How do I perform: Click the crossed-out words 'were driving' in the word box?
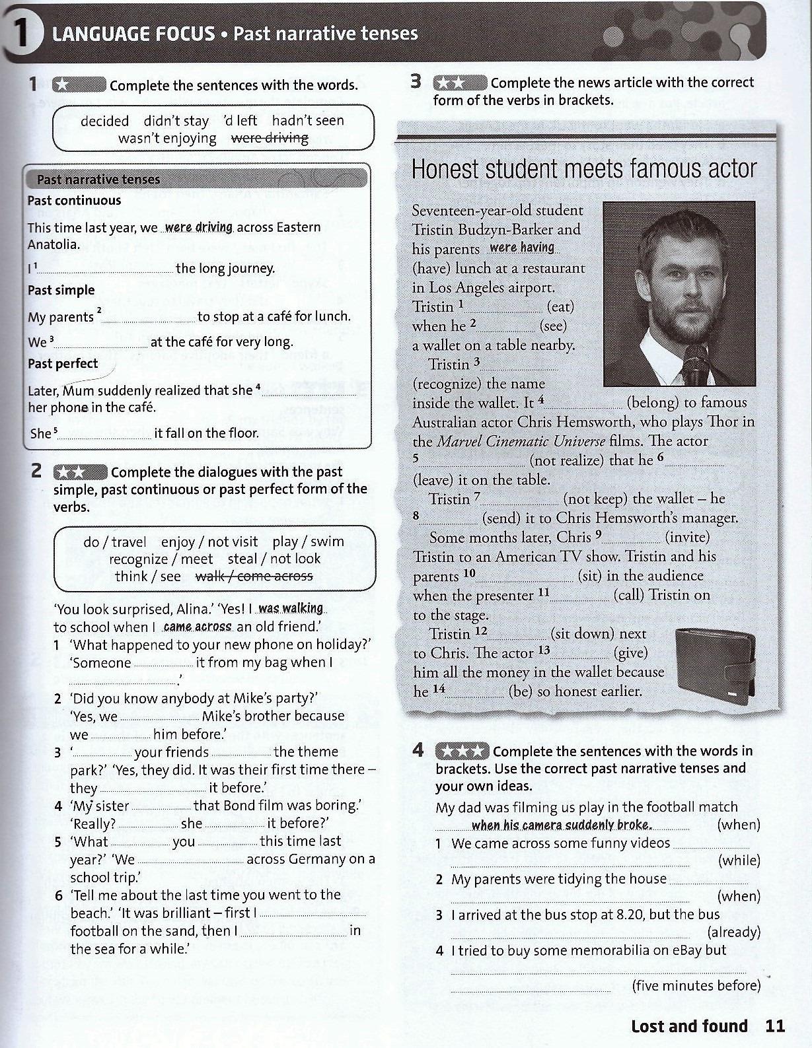point(269,138)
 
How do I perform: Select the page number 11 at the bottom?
point(775,1026)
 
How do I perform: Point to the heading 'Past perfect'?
point(63,364)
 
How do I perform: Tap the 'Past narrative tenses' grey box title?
point(98,179)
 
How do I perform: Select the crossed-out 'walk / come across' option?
point(254,576)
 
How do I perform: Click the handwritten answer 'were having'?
point(522,248)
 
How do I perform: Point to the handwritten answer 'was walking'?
point(291,608)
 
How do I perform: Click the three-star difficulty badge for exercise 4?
point(462,751)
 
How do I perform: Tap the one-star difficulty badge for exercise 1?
point(79,85)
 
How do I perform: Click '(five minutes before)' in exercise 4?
point(696,985)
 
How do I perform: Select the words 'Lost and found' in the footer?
point(689,1026)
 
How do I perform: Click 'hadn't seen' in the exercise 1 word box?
point(308,121)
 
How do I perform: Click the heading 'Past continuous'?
point(74,201)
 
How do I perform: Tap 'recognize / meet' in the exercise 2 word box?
point(161,559)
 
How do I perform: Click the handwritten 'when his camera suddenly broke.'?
point(562,825)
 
